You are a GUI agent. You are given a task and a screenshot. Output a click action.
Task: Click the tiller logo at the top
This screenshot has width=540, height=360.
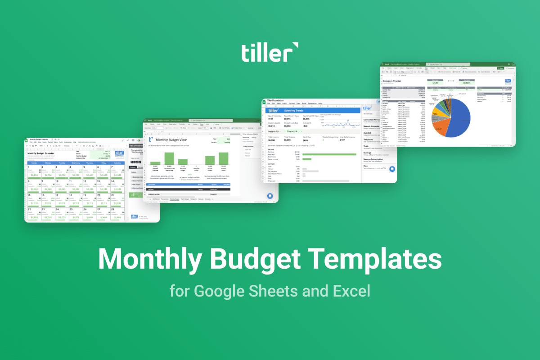pyautogui.click(x=269, y=53)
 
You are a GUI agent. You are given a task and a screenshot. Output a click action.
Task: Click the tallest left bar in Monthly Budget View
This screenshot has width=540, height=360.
pyautogui.click(x=169, y=158)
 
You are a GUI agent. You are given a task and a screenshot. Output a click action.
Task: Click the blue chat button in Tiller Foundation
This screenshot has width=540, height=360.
pyautogui.click(x=392, y=169)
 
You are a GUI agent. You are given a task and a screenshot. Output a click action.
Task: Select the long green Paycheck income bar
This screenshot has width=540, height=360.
pyautogui.click(x=331, y=154)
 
